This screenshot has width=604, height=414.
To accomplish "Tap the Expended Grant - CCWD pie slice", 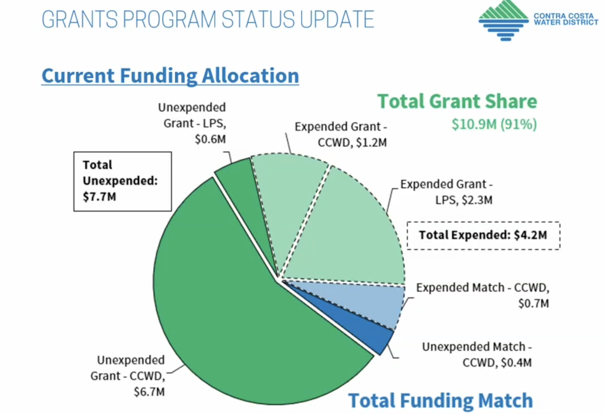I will (288, 197).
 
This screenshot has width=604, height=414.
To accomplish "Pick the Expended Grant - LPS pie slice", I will (350, 231).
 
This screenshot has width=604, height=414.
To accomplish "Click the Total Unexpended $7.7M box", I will (122, 181).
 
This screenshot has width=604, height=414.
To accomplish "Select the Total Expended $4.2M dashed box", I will (483, 235).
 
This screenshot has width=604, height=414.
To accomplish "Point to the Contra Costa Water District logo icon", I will (504, 20).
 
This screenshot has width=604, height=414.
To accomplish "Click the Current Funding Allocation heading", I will (170, 75).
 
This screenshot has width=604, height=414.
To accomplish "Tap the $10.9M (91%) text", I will (494, 124).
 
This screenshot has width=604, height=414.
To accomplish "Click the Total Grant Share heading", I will (457, 101).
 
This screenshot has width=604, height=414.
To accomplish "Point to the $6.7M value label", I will (149, 392).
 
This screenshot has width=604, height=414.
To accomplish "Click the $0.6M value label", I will (210, 139).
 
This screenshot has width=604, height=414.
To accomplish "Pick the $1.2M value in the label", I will (372, 143).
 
